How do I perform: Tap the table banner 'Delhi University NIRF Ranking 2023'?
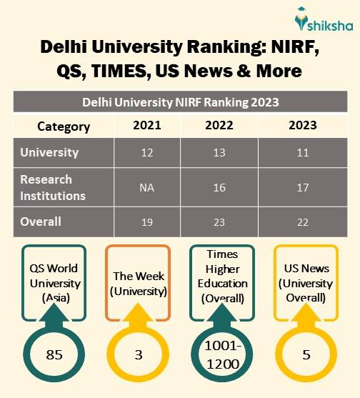pyautogui.click(x=180, y=102)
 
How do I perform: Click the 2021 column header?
pyautogui.click(x=146, y=126)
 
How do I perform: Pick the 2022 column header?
pyautogui.click(x=219, y=126)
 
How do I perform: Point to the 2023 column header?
pyautogui.click(x=303, y=126)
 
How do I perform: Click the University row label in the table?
pyautogui.click(x=50, y=153)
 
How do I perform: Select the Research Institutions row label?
pyautogui.click(x=54, y=187)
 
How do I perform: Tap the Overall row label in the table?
pyautogui.click(x=41, y=222)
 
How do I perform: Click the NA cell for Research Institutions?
pyautogui.click(x=146, y=188)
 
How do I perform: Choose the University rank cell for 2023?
pyautogui.click(x=303, y=153)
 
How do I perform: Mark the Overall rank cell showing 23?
pyautogui.click(x=219, y=222)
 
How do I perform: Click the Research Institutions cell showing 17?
pyautogui.click(x=303, y=188)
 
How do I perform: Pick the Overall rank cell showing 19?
pyautogui.click(x=146, y=222)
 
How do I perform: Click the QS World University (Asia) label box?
pyautogui.click(x=54, y=283)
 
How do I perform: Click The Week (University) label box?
pyautogui.click(x=138, y=283)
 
